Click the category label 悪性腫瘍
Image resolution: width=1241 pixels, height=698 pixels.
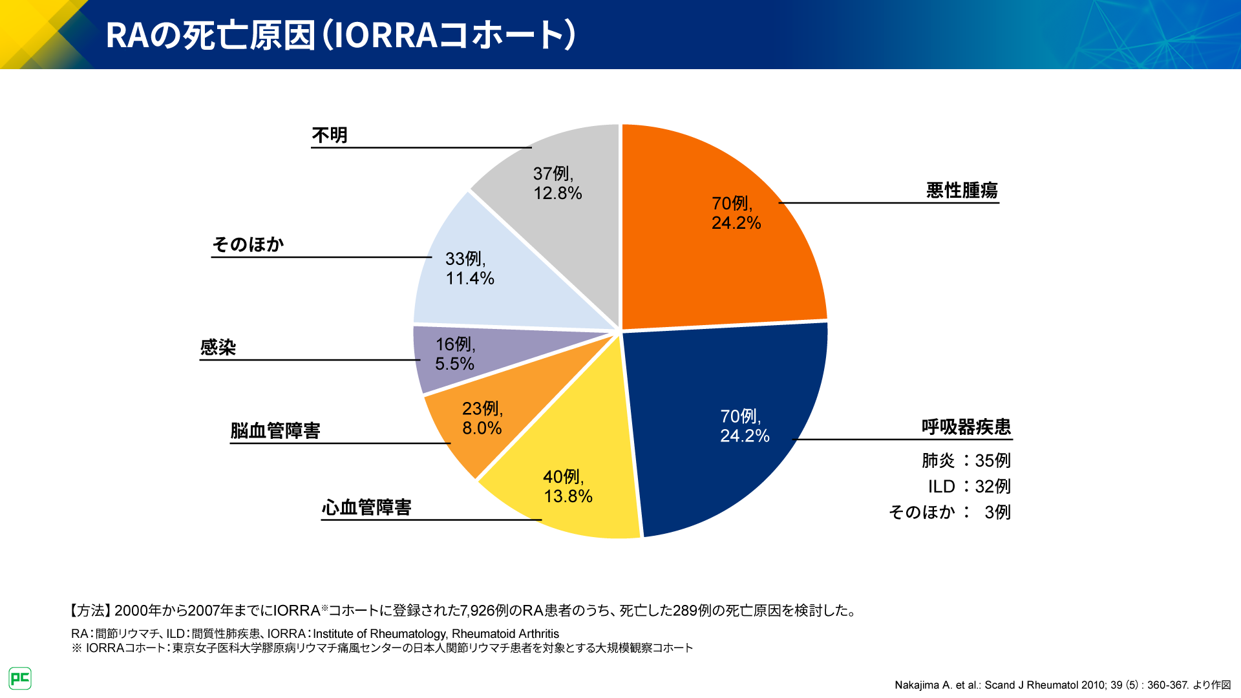962,190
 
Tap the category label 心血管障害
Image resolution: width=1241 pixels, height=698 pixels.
366,507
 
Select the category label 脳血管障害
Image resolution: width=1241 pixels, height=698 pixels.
275,430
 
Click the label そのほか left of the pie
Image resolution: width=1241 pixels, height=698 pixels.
248,244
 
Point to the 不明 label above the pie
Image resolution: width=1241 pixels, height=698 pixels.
330,135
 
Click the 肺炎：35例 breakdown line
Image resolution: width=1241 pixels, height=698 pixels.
966,460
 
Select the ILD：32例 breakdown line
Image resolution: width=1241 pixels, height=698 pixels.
969,486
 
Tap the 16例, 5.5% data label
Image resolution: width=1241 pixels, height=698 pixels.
455,354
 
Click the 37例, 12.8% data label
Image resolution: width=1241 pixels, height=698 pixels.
557,183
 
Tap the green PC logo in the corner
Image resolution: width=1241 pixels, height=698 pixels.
20,678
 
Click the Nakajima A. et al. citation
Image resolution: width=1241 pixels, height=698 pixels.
1062,684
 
